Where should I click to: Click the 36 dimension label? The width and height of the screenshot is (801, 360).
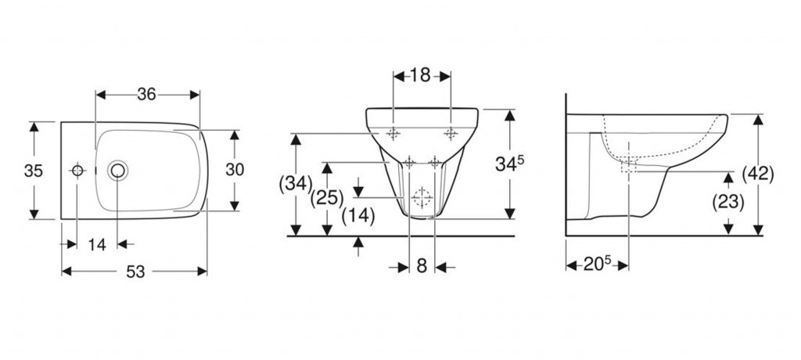click(x=146, y=94)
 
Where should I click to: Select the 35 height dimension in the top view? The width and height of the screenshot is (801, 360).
click(x=33, y=171)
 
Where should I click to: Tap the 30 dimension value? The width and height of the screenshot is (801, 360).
click(x=235, y=169)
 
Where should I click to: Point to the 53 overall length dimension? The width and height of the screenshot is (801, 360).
click(x=135, y=272)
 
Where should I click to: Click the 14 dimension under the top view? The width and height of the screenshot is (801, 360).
click(x=96, y=245)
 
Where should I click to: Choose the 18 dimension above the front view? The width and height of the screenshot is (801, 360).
click(x=420, y=76)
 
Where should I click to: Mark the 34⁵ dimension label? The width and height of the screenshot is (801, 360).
click(x=509, y=164)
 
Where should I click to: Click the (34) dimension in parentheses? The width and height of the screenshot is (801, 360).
click(x=296, y=183)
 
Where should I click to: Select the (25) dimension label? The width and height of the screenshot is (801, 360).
click(x=328, y=198)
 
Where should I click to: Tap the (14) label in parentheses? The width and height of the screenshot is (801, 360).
click(x=358, y=216)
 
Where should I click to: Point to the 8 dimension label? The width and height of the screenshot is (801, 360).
click(x=422, y=266)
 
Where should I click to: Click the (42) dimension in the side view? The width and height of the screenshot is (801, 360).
click(x=757, y=175)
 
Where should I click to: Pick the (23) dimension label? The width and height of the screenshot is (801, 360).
click(x=728, y=203)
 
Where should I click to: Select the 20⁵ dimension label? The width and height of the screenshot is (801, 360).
click(x=597, y=265)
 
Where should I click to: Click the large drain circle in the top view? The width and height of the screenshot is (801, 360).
click(x=118, y=171)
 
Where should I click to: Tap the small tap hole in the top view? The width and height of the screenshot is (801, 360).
click(x=77, y=171)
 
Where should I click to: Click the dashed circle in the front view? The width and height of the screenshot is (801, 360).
click(x=422, y=197)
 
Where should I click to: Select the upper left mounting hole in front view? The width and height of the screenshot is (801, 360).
click(x=393, y=134)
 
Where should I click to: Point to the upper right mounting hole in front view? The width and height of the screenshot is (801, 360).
click(x=451, y=134)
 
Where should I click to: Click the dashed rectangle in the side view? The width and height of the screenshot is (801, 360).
click(x=629, y=166)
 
